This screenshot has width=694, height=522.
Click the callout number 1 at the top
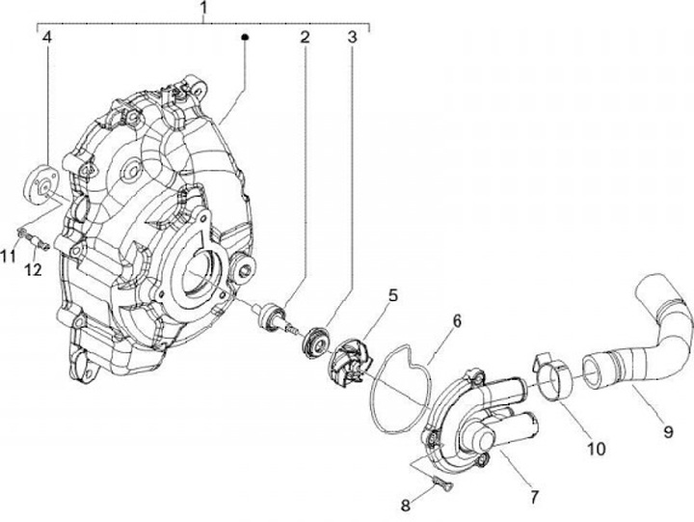(x=204, y=11)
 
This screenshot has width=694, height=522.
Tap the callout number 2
(x=304, y=39)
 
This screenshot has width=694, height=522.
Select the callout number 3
(x=353, y=39)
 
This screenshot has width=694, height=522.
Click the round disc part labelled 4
(x=41, y=183)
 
